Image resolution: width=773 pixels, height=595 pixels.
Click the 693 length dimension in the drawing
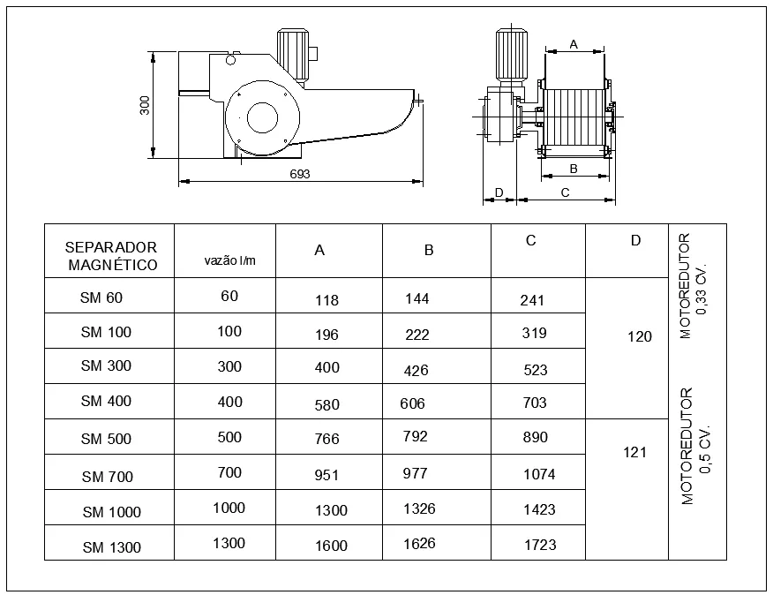click(300, 174)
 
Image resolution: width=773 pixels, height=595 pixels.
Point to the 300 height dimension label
click(145, 105)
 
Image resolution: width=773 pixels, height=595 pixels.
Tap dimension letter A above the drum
click(574, 44)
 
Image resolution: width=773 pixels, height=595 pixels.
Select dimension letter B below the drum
click(574, 169)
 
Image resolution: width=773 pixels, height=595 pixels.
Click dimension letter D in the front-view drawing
click(499, 192)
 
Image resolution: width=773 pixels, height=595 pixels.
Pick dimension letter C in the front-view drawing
click(565, 193)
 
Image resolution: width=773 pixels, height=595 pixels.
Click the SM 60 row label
click(101, 297)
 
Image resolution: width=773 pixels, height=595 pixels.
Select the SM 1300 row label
click(112, 547)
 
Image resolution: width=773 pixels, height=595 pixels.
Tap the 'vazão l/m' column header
click(229, 260)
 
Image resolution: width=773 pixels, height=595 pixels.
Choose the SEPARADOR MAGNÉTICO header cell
click(111, 256)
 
